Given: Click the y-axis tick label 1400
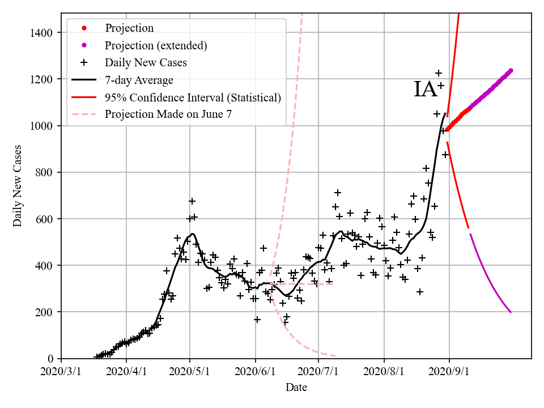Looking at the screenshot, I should click(x=42, y=33).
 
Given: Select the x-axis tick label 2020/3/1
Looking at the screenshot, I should click(x=61, y=372).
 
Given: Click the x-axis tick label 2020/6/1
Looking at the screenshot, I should click(x=255, y=372).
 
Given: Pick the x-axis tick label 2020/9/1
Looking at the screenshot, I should click(x=449, y=372).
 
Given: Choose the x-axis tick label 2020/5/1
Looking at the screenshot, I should click(x=190, y=372).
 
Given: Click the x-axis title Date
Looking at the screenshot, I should click(x=296, y=388).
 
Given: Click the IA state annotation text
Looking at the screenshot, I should click(x=426, y=90).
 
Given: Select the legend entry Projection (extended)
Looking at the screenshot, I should click(x=156, y=45).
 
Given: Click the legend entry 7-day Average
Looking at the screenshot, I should click(x=139, y=80).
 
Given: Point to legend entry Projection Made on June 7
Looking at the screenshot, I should click(x=168, y=114).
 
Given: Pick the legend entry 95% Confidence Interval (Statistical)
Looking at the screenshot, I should click(x=193, y=97).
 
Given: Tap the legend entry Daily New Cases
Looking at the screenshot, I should click(x=146, y=62).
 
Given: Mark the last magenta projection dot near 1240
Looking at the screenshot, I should click(x=511, y=71).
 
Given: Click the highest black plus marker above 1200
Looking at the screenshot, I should click(x=439, y=73).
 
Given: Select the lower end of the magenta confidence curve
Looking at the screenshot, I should click(x=511, y=312).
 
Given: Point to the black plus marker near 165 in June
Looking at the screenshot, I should click(x=257, y=320).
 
